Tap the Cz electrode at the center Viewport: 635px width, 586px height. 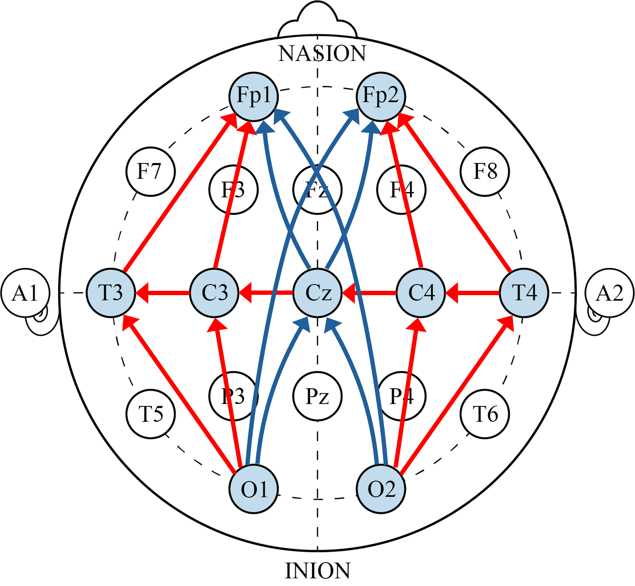click(317, 293)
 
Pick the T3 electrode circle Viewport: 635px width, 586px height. click(111, 293)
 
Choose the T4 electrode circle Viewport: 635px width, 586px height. click(524, 293)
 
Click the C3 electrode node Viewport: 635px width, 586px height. click(214, 293)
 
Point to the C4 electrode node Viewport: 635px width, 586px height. click(421, 293)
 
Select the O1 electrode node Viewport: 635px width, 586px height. click(254, 489)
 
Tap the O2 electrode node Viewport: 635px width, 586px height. click(381, 489)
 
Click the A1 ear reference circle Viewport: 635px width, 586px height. click(25, 293)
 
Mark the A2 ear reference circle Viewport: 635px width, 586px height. click(610, 293)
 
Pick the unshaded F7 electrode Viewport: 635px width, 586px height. click(150, 171)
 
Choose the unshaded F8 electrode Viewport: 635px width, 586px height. click(485, 171)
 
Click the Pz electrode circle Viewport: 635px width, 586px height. click(317, 396)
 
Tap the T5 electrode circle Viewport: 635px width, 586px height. click(150, 414)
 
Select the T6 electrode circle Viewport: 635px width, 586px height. click(485, 414)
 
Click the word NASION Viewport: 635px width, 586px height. click(322, 53)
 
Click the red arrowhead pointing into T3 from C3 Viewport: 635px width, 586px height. click(142, 293)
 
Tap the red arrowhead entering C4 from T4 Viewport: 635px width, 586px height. click(451, 293)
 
